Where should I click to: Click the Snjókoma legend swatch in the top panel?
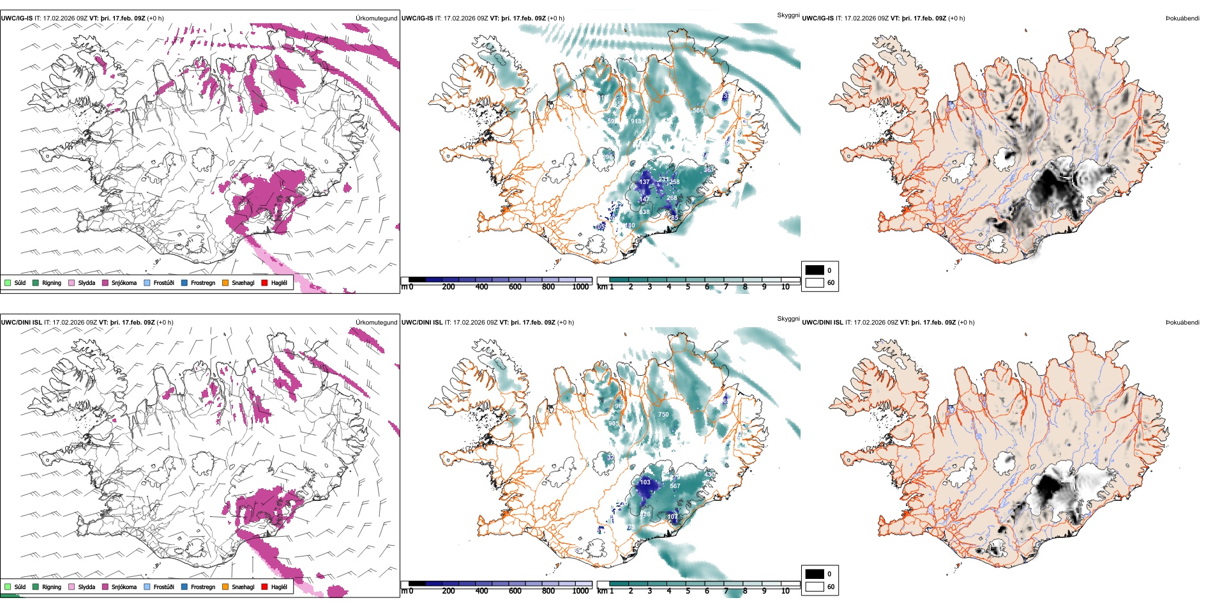click(105, 283)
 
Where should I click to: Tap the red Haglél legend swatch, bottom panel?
click(265, 587)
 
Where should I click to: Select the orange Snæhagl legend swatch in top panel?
click(225, 283)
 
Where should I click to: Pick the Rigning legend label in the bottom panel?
click(52, 587)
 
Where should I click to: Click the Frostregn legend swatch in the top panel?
click(185, 283)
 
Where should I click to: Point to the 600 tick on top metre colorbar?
click(515, 287)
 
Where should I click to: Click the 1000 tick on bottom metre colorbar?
click(580, 591)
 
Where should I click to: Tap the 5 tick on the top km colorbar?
click(688, 287)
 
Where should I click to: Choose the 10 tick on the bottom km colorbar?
click(785, 591)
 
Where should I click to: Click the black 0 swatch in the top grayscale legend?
click(815, 270)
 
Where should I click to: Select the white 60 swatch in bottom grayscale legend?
click(815, 587)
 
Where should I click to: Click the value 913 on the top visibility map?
click(637, 121)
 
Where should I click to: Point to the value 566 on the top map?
click(698, 111)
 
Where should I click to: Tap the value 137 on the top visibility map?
click(645, 182)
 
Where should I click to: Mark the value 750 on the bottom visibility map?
click(664, 415)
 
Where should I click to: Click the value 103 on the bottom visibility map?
click(645, 482)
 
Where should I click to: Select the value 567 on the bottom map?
click(675, 486)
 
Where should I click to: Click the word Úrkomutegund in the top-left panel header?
click(377, 19)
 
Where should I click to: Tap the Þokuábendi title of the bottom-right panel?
click(1182, 323)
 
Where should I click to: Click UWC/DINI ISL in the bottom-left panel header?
click(22, 323)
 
